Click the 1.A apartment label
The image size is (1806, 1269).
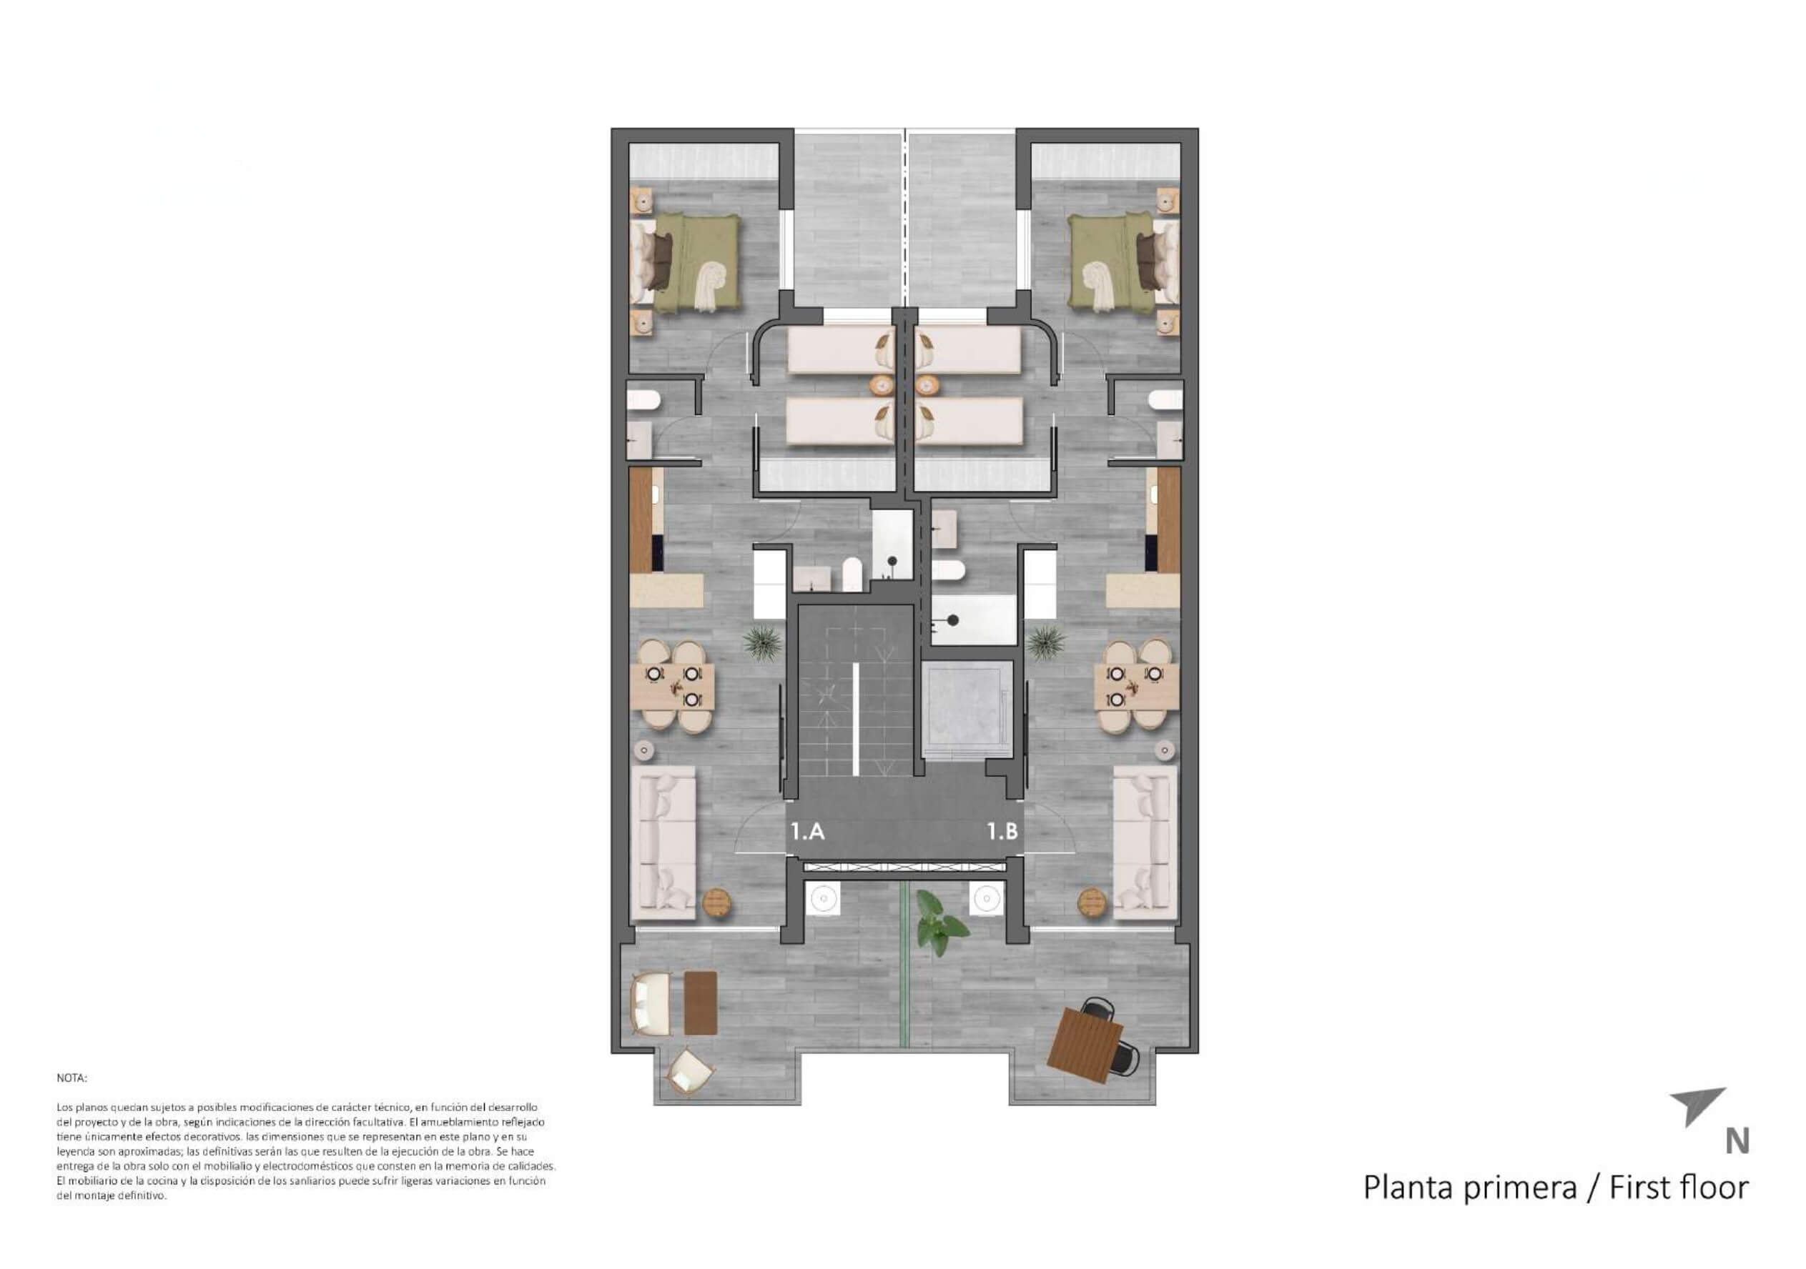(x=808, y=831)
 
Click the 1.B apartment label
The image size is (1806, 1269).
(x=1003, y=831)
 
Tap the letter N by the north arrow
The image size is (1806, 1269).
(x=1737, y=1142)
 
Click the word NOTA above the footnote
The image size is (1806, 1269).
(x=71, y=1078)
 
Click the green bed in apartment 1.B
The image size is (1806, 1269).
(x=1123, y=264)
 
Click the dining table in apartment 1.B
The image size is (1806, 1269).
(x=1136, y=686)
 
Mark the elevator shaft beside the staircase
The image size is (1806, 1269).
(x=967, y=710)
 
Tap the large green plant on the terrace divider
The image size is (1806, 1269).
(x=939, y=922)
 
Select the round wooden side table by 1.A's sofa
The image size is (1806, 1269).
(x=716, y=902)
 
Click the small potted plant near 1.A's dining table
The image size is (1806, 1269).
(x=762, y=643)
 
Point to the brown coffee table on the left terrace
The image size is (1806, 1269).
(x=700, y=1002)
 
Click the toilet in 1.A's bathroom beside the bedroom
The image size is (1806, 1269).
(x=644, y=401)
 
